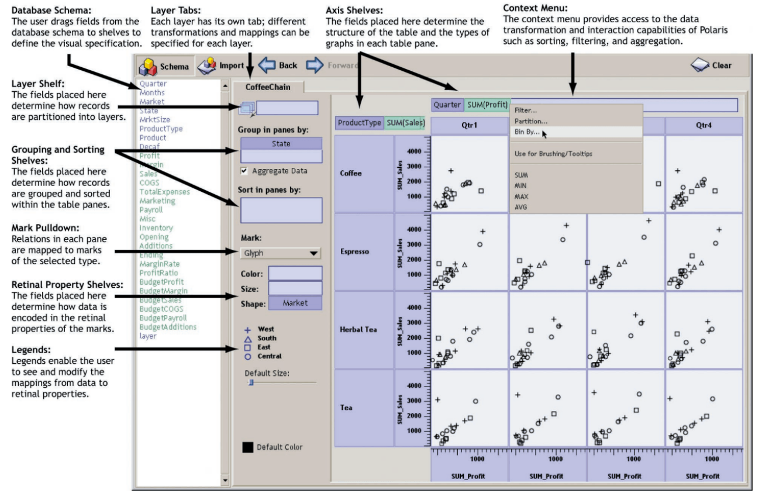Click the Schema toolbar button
point(164,66)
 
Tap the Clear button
point(711,65)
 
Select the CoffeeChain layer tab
point(267,87)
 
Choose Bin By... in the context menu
point(527,132)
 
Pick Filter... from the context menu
point(526,110)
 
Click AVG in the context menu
point(521,207)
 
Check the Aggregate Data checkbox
point(244,171)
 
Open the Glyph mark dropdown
point(281,253)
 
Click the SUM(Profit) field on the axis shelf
point(487,105)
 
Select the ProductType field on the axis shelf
point(359,123)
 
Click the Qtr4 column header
point(704,126)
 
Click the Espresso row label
point(354,251)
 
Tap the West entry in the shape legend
point(266,329)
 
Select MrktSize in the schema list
point(155,119)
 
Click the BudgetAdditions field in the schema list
point(168,327)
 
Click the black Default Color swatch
point(248,447)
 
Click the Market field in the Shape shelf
point(295,303)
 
